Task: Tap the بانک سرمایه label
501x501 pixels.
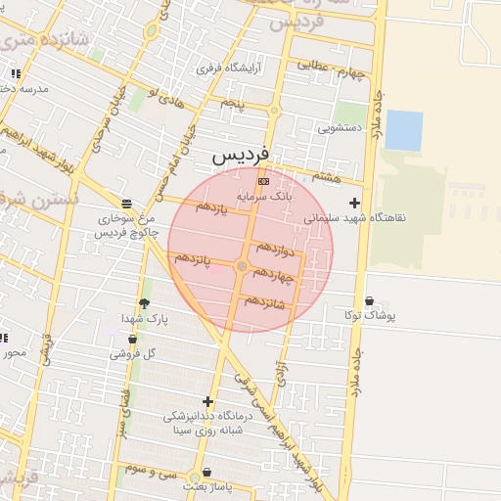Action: (263, 197)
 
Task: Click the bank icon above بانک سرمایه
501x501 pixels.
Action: (262, 181)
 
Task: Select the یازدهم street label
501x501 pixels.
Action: (211, 207)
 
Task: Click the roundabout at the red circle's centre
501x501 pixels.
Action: (242, 266)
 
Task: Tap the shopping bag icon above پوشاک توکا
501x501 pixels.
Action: (369, 300)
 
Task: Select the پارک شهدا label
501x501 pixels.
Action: (146, 319)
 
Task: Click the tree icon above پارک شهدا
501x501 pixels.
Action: (146, 304)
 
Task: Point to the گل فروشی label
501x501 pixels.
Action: (134, 352)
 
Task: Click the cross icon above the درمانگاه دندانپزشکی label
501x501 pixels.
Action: (207, 401)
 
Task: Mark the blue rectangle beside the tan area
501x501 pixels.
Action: (404, 130)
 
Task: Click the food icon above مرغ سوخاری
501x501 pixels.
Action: (126, 204)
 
